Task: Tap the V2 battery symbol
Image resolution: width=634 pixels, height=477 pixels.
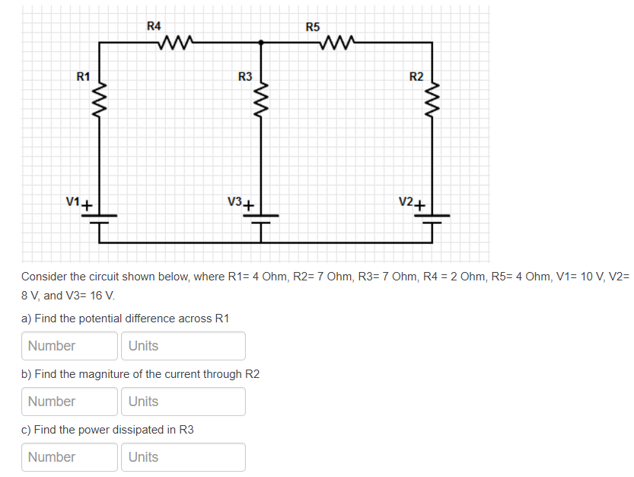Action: (x=432, y=219)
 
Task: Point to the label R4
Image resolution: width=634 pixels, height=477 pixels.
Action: (x=154, y=26)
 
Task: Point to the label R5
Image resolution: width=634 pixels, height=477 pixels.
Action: (x=313, y=27)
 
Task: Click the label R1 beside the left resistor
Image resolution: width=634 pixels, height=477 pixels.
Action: (x=83, y=76)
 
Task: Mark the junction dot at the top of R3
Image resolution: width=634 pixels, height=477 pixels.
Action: (x=261, y=43)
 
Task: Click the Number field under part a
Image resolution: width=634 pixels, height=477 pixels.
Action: (x=69, y=346)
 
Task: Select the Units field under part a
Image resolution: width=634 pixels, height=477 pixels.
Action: (x=183, y=346)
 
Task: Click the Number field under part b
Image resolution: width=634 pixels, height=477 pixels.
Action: (x=69, y=402)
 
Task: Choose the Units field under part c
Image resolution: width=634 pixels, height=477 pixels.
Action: (x=183, y=457)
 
